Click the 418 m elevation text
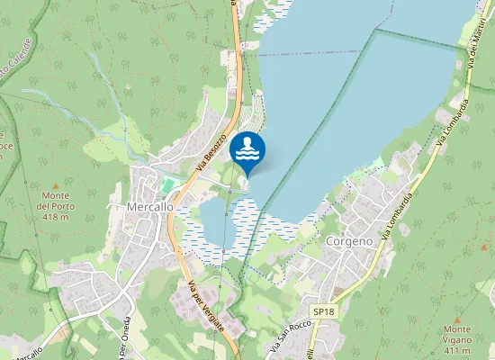tap(55, 216)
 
